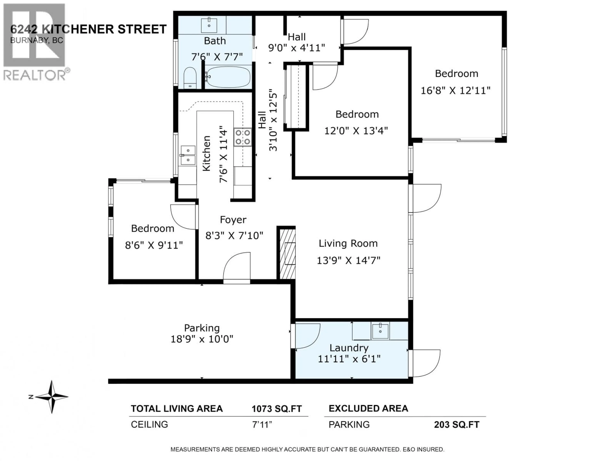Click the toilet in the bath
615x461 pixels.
tap(190, 78)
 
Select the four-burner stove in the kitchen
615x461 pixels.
tap(242, 137)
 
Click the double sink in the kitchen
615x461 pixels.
tap(188, 155)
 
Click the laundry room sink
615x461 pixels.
tap(380, 331)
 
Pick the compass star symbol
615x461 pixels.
tap(52, 397)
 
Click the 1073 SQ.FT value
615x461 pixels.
tap(277, 409)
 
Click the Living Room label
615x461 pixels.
tap(348, 243)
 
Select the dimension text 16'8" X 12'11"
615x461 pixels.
tap(455, 91)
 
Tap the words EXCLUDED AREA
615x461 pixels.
tap(368, 408)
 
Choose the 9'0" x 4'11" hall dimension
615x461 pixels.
tap(296, 48)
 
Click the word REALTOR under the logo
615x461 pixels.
tap(34, 75)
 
